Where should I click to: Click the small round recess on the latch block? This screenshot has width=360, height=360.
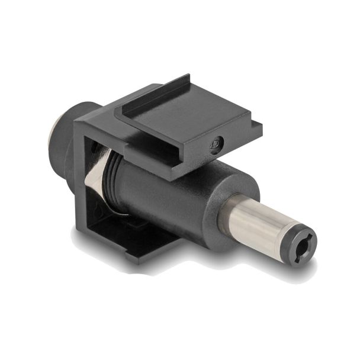pyautogui.click(x=217, y=143)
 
